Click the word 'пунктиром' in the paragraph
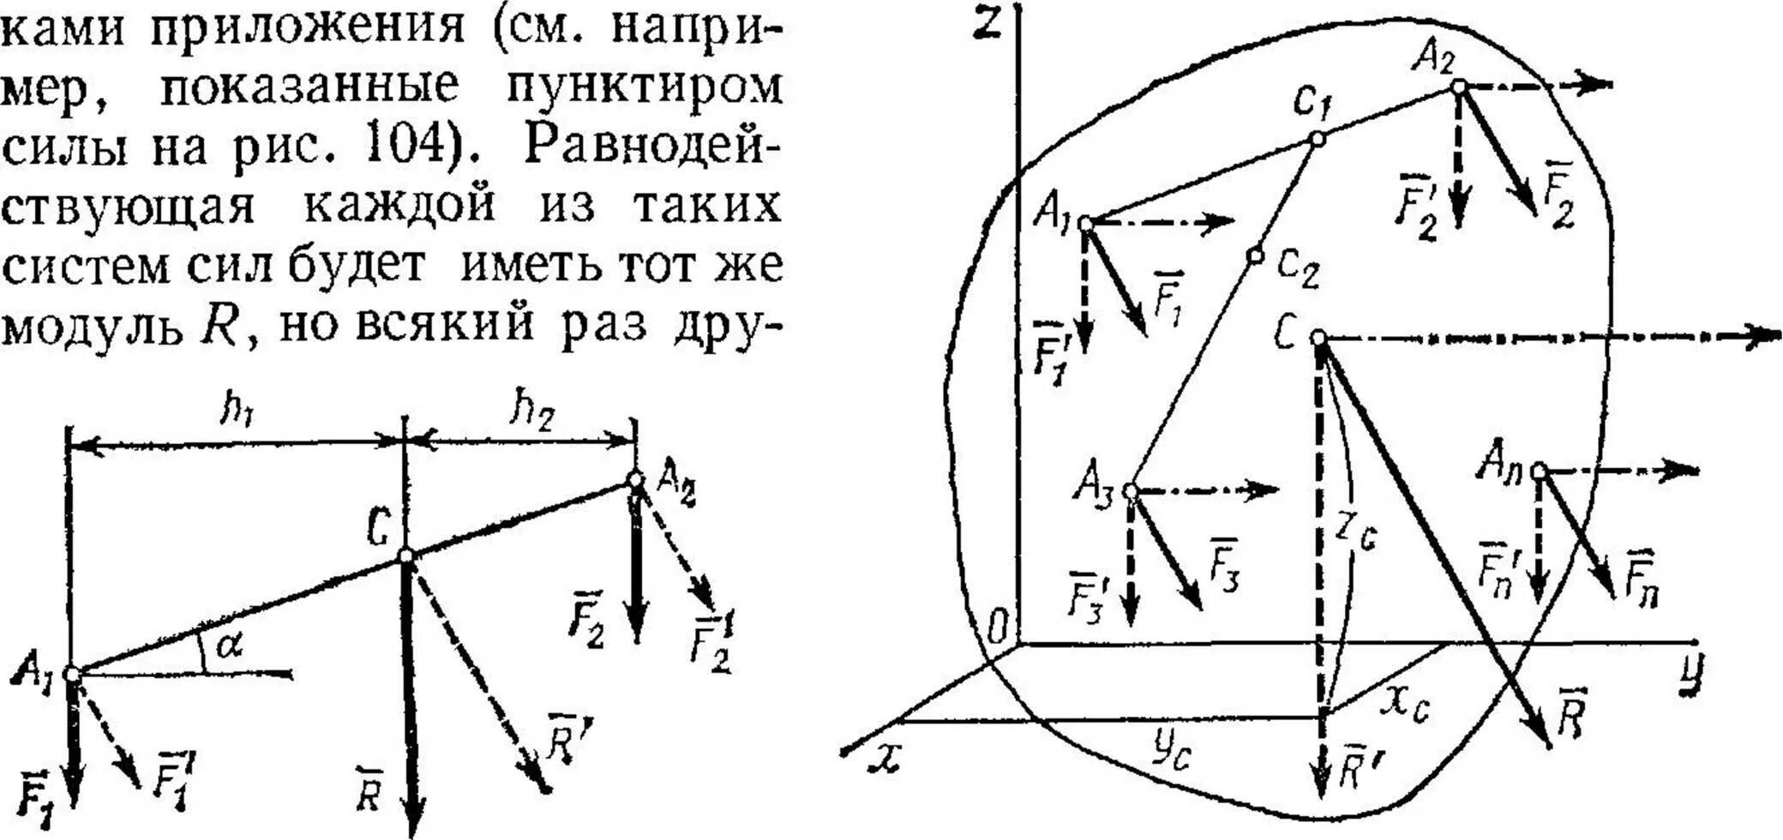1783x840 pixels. tap(644, 87)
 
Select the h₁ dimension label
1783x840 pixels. tap(237, 411)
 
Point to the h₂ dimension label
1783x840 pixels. tap(532, 410)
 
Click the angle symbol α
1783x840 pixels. tap(228, 645)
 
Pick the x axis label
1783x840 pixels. tap(883, 756)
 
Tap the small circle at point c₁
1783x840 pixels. tap(1318, 138)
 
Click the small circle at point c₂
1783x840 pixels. tap(1255, 255)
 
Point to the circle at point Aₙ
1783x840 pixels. tap(1539, 471)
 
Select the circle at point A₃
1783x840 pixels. tap(1131, 491)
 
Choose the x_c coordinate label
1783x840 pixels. tap(1406, 705)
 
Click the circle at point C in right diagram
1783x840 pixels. tap(1319, 339)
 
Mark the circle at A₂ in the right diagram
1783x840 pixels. tap(1458, 86)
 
